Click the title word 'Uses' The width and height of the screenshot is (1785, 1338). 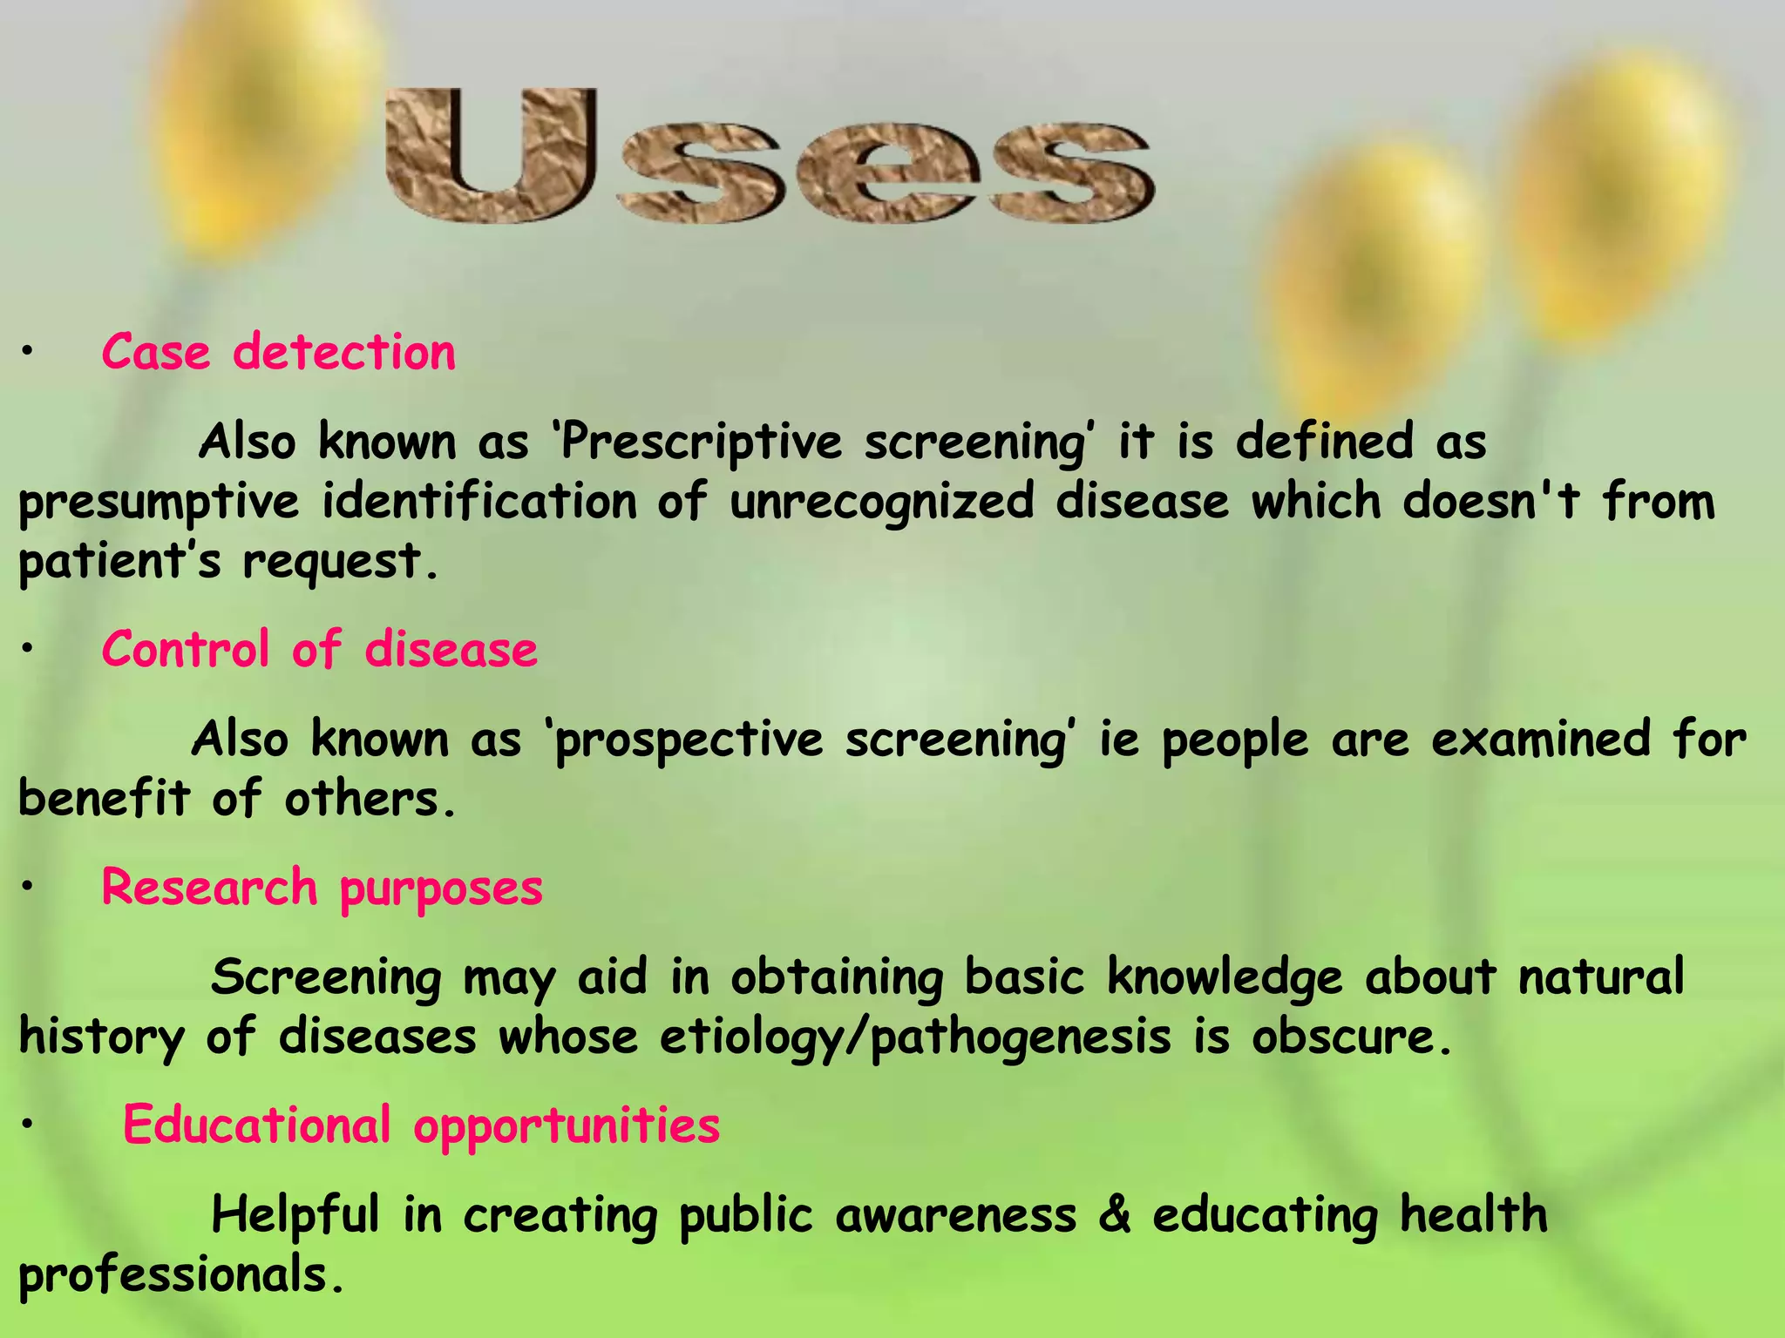click(x=770, y=157)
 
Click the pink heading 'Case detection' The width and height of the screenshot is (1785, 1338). click(x=278, y=353)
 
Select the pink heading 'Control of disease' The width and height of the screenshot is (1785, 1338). click(x=319, y=650)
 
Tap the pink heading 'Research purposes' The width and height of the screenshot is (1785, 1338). click(x=322, y=888)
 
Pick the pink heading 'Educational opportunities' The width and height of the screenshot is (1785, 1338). click(x=421, y=1125)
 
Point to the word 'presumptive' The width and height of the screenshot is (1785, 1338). click(x=159, y=503)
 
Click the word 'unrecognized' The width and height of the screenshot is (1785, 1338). click(x=881, y=502)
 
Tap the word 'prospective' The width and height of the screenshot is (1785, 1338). click(x=689, y=740)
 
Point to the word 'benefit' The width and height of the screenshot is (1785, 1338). click(x=104, y=798)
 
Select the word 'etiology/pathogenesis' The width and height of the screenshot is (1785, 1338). click(x=915, y=1037)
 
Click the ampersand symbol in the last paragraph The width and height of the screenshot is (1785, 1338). click(x=1115, y=1214)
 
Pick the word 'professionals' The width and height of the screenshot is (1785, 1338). click(x=174, y=1275)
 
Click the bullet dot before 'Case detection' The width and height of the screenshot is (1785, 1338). click(x=28, y=352)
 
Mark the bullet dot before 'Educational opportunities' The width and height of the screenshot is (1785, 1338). click(x=28, y=1125)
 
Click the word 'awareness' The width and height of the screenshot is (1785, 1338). click(x=955, y=1215)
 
